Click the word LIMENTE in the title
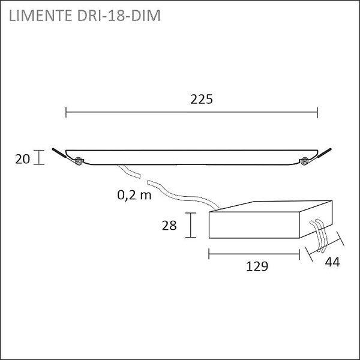pos(40,16)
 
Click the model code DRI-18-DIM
pos(119,16)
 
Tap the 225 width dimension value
pos(202,100)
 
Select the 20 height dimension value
pos(23,159)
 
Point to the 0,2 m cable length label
pos(134,195)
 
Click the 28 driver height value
pos(169,225)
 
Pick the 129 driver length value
pos(257,266)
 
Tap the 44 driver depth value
pos(332,262)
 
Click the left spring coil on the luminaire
pos(79,161)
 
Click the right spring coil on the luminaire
pos(305,161)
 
